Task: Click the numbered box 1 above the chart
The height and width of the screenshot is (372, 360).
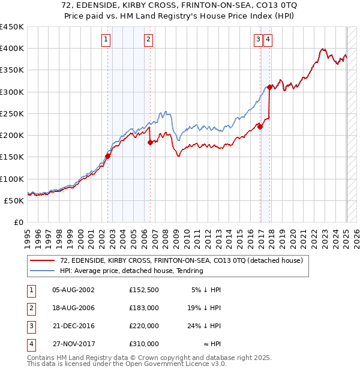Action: (106, 40)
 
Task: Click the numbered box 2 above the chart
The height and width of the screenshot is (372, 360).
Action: (148, 40)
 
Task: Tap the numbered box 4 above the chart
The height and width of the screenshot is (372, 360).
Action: (267, 40)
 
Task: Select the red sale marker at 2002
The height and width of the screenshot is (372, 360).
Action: (108, 156)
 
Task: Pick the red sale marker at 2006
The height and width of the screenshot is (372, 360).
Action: (150, 142)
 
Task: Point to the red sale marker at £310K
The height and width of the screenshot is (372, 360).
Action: (270, 87)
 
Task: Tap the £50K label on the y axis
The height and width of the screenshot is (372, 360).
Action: (16, 200)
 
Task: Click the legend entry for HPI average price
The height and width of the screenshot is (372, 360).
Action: (131, 271)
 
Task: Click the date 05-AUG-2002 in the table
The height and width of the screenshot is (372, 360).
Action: (73, 289)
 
